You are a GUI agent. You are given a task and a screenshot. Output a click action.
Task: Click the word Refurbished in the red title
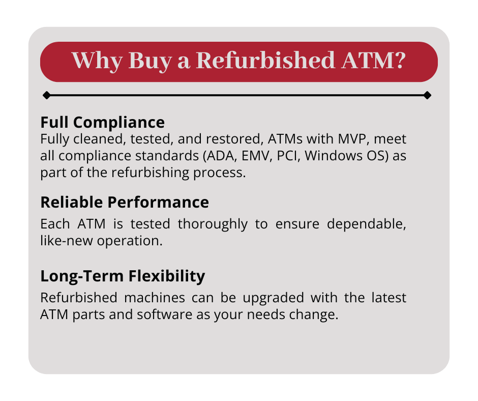(265, 60)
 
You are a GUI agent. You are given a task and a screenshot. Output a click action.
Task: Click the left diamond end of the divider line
(47, 95)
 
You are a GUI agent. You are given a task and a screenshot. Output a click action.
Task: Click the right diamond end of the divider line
(427, 95)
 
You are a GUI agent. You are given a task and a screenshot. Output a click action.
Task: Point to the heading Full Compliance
(102, 122)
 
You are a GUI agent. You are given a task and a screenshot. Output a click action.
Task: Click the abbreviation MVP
(351, 139)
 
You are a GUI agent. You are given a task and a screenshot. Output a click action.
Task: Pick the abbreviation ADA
(220, 156)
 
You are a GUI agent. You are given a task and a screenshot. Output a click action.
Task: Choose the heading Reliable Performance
(125, 203)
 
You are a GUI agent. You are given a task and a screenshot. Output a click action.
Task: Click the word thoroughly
(213, 225)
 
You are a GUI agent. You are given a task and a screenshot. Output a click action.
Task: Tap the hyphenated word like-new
(67, 241)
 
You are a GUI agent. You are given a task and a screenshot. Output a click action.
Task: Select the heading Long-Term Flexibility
(123, 276)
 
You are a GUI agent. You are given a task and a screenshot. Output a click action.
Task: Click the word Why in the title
(97, 61)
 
